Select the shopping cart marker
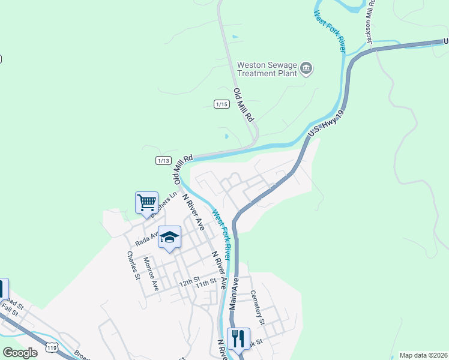pyautogui.click(x=147, y=203)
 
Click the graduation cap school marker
pyautogui.click(x=170, y=238)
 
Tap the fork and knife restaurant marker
pyautogui.click(x=238, y=339)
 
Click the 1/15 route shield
pyautogui.click(x=221, y=104)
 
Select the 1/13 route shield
pyautogui.click(x=163, y=160)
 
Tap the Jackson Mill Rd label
pyautogui.click(x=371, y=23)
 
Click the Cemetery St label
pyautogui.click(x=258, y=307)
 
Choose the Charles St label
pyautogui.click(x=133, y=265)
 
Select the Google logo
pyautogui.click(x=20, y=353)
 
